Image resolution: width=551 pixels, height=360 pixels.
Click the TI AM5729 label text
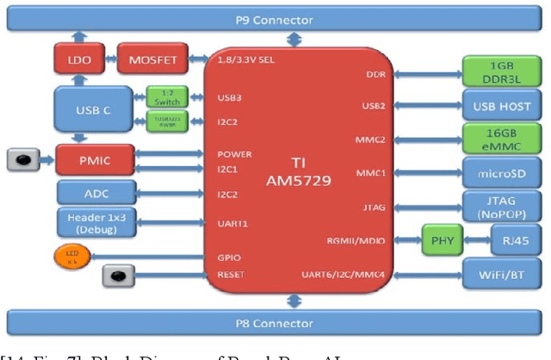click(x=300, y=171)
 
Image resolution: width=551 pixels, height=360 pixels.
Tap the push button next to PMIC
click(x=25, y=158)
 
